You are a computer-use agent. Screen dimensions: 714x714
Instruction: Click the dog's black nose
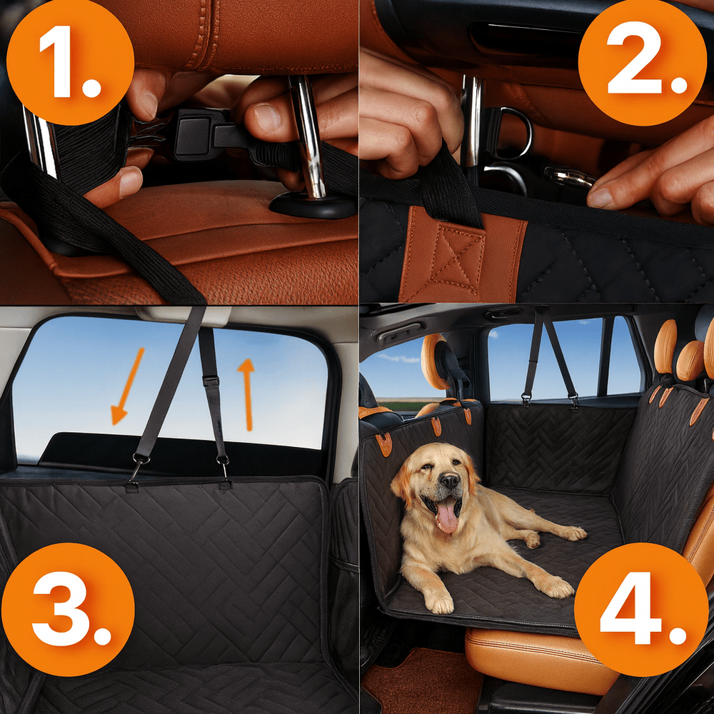[x=449, y=481]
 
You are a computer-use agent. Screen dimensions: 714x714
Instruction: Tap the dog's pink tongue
[x=447, y=516]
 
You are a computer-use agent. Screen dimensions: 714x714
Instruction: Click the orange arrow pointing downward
[x=127, y=386]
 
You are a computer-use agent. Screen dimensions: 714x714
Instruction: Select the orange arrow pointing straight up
[x=247, y=394]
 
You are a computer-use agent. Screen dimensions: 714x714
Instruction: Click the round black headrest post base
[x=313, y=206]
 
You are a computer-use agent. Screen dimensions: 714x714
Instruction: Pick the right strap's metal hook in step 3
[x=223, y=467]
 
